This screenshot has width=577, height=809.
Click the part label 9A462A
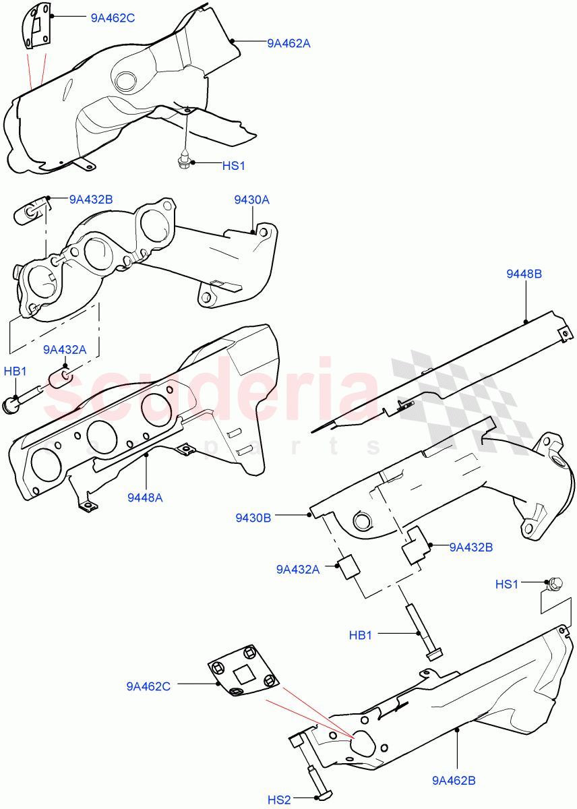point(288,43)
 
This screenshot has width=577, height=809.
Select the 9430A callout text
point(251,200)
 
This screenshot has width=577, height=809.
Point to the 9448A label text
point(145,498)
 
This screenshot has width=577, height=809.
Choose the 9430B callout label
point(253,518)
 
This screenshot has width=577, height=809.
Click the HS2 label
point(279,800)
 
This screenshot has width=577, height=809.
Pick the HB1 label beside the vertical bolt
point(361,634)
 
